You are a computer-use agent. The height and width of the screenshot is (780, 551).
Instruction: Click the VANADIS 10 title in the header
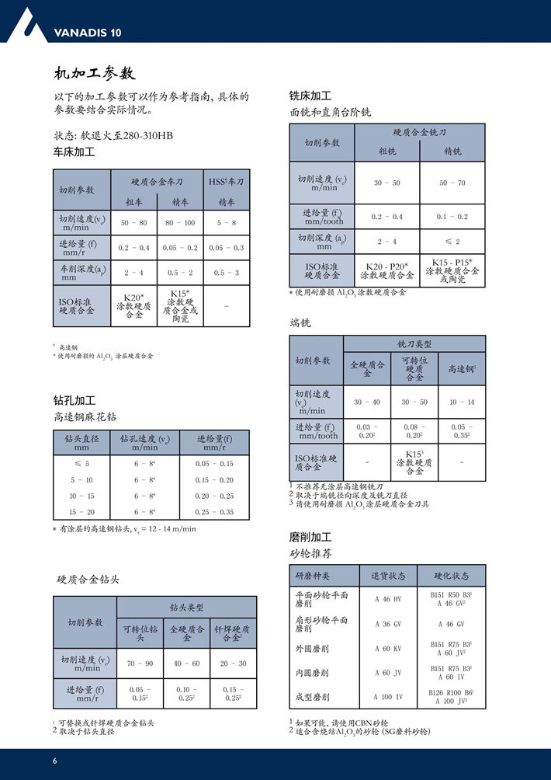[x=88, y=33]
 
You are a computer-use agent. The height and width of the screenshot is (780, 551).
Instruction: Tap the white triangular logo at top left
[x=23, y=23]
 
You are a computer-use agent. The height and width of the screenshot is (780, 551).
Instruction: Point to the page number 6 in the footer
[x=54, y=760]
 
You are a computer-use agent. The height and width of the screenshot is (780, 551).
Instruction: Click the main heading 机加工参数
[x=95, y=74]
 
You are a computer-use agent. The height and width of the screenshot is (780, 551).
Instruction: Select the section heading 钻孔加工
[x=74, y=401]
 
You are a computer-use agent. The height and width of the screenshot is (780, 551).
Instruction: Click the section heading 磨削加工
[x=310, y=537]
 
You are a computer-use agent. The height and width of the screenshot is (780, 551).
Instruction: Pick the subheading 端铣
[x=300, y=322]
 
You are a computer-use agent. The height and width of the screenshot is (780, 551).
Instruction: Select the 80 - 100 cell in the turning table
[x=180, y=223]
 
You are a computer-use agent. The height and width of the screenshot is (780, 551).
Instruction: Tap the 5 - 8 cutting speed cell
[x=227, y=223]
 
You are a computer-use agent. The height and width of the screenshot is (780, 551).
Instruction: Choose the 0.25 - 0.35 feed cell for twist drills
[x=215, y=512]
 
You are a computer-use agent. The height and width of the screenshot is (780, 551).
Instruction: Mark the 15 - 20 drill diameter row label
[x=81, y=512]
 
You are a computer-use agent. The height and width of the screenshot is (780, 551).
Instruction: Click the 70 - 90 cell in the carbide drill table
[x=140, y=663]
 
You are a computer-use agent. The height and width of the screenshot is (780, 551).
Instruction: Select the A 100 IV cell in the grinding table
[x=388, y=697]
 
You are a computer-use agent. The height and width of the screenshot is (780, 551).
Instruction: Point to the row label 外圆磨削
[x=312, y=648]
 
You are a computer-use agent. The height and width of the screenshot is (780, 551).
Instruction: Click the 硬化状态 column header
[x=451, y=576]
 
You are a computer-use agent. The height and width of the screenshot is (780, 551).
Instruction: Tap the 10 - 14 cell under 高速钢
[x=462, y=402]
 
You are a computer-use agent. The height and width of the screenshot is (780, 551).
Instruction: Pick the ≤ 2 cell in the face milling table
[x=452, y=242]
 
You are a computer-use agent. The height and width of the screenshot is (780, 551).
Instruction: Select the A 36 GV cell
[x=388, y=624]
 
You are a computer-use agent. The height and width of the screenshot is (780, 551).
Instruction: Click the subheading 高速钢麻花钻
[x=85, y=417]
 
